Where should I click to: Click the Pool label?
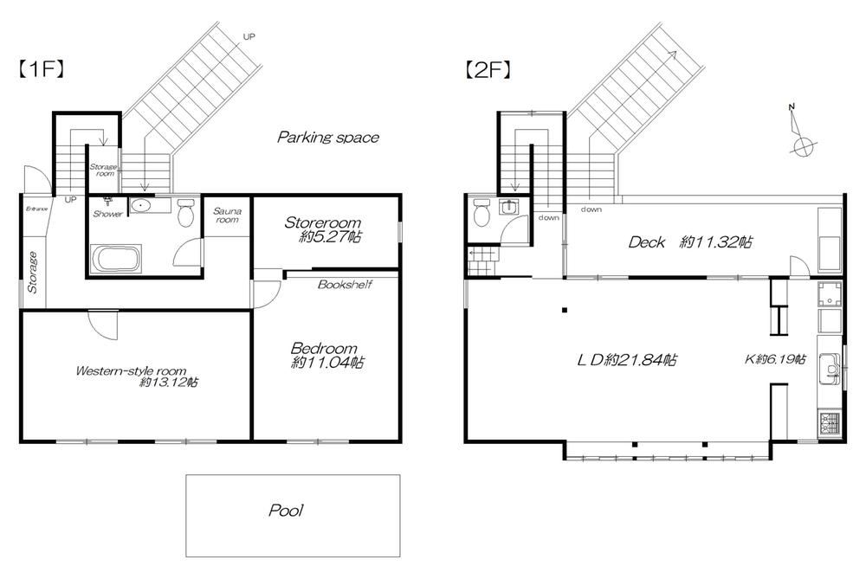coord(286,510)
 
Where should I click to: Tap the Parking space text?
coord(328,137)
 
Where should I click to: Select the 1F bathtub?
coord(116,258)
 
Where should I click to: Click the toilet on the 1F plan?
coord(185,213)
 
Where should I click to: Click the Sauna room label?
coord(227,216)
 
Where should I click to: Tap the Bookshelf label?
coord(345,284)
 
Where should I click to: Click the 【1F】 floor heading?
coord(42,69)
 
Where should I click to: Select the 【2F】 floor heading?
coord(487,69)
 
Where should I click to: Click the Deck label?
coord(646,241)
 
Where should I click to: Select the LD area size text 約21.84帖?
coord(641,360)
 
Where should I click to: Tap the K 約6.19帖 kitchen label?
coord(775,359)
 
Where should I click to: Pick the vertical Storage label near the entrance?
coord(33,272)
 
